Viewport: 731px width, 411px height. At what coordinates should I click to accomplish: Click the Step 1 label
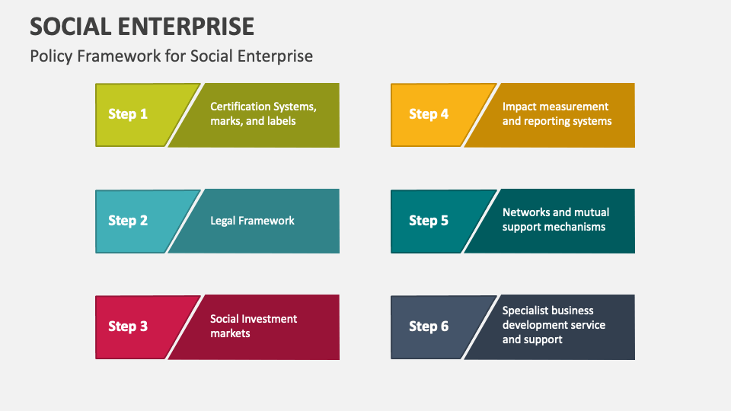coord(128,114)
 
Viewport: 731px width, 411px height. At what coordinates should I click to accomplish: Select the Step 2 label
coord(128,221)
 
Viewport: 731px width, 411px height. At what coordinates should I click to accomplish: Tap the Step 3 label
coord(128,327)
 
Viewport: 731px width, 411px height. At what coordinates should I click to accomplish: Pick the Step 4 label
coord(429,114)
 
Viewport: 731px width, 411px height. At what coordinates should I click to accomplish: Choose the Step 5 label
coord(429,221)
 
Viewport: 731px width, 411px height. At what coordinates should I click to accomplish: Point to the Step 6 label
coord(429,327)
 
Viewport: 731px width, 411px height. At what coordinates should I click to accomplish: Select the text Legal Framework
coord(252,221)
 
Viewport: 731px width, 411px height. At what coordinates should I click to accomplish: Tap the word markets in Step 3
coord(230,333)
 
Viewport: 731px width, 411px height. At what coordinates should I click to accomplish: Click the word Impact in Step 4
coord(519,107)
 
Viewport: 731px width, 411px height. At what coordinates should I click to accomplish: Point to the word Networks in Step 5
coord(525,212)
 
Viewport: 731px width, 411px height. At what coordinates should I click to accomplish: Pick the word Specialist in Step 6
coord(525,311)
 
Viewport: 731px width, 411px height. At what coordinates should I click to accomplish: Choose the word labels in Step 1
coord(279,121)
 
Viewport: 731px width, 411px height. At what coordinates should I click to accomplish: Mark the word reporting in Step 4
coord(547,121)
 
